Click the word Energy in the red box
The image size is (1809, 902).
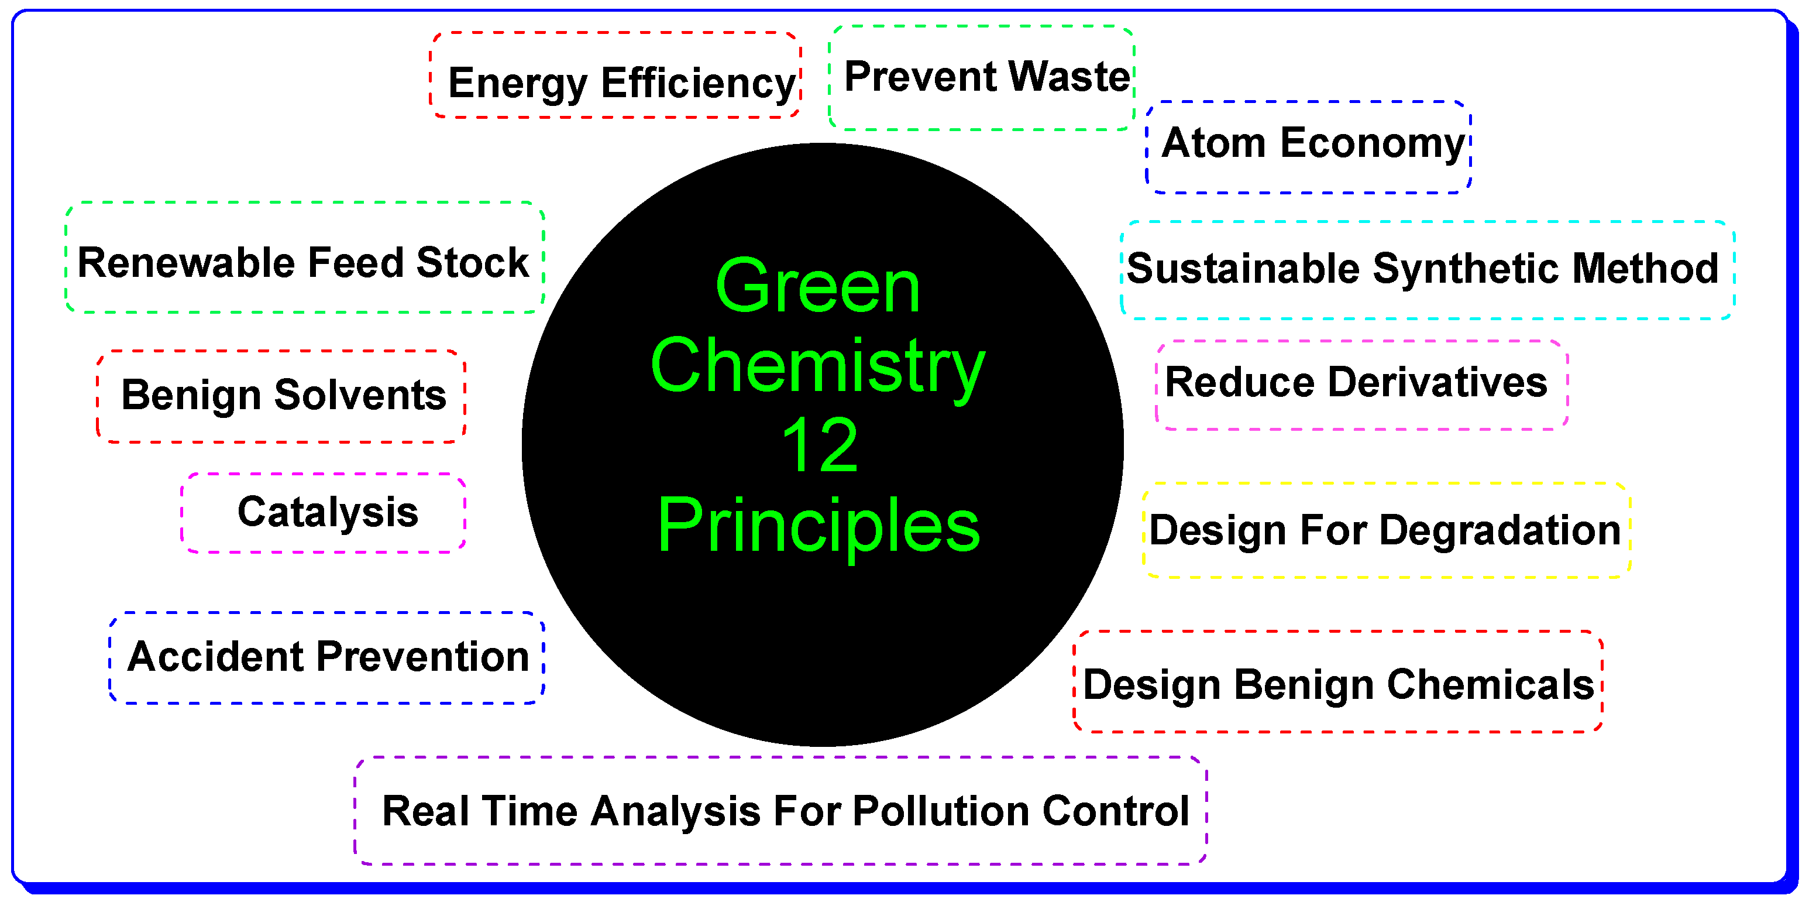(x=518, y=83)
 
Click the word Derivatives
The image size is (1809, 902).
(x=1437, y=382)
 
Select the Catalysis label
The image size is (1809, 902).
(x=328, y=512)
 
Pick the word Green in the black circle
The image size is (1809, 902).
(x=817, y=287)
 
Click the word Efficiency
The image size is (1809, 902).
(x=698, y=83)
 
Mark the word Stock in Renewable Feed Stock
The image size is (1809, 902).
(x=472, y=263)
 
